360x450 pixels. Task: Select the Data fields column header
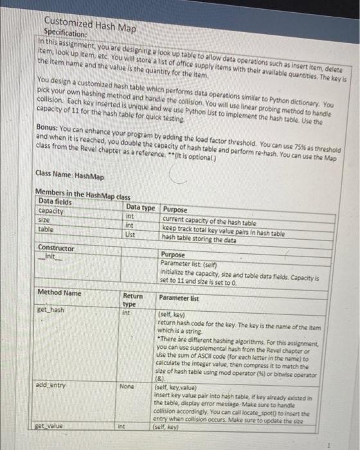[x=57, y=201]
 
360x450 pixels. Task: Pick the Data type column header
[x=141, y=209]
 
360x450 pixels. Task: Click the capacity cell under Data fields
[x=51, y=210]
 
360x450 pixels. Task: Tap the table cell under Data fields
[x=47, y=228]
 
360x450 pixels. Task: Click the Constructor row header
[x=57, y=248]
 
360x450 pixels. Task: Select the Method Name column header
[x=59, y=293]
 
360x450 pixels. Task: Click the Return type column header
[x=133, y=300]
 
